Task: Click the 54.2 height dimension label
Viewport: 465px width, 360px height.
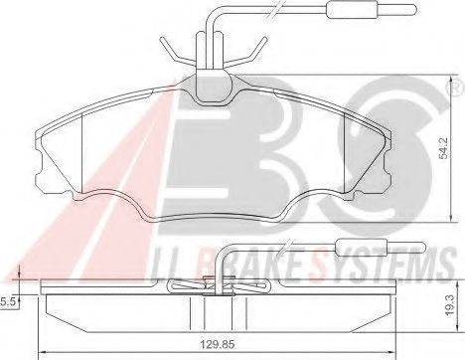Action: point(444,148)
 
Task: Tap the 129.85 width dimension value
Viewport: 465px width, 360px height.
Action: point(218,344)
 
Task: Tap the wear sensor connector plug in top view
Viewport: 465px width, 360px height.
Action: point(371,9)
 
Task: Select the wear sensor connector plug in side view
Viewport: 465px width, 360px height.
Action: point(381,247)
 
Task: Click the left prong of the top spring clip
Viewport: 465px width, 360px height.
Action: point(176,53)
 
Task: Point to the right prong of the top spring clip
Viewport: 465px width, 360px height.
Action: point(247,53)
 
